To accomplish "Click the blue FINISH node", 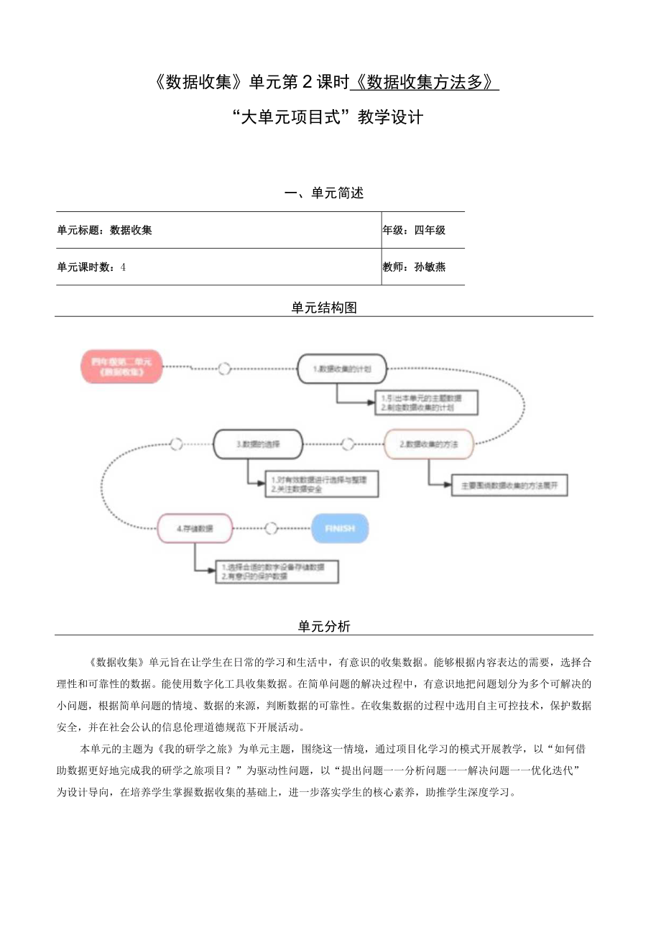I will click(340, 528).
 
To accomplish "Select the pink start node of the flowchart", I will click(121, 367).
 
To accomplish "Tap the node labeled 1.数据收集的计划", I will click(342, 369).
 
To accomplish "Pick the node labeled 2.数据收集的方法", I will click(428, 444).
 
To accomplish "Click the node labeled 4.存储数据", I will click(195, 528).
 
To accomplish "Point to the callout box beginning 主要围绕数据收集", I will click(509, 486).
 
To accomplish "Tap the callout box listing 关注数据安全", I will click(322, 484).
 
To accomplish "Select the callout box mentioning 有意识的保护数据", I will click(277, 572).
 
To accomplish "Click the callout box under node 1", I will click(427, 402).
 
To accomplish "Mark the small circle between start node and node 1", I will click(225, 369).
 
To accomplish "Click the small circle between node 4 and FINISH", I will click(271, 528).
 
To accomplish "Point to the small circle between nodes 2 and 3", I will click(348, 444).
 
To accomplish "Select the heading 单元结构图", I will click(324, 308).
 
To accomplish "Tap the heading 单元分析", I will click(324, 626).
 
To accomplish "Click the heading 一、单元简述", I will click(324, 193).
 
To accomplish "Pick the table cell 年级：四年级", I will click(415, 230).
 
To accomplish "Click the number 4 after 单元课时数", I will click(124, 267).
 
